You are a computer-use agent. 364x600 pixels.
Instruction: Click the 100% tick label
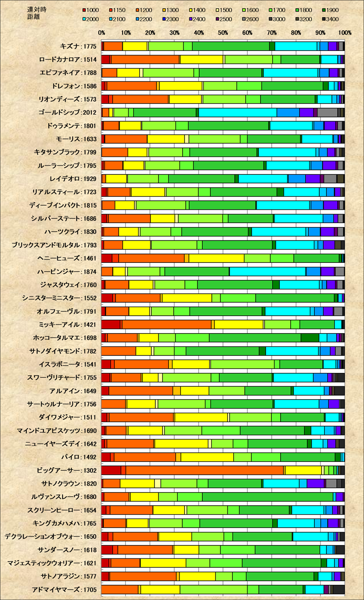(345, 33)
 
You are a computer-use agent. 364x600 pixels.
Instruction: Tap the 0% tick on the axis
(102, 33)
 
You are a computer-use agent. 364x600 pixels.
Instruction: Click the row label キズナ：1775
(78, 46)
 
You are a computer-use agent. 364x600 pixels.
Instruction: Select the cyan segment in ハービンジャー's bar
(268, 271)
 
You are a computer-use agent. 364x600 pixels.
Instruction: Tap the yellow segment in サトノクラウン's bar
(137, 483)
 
